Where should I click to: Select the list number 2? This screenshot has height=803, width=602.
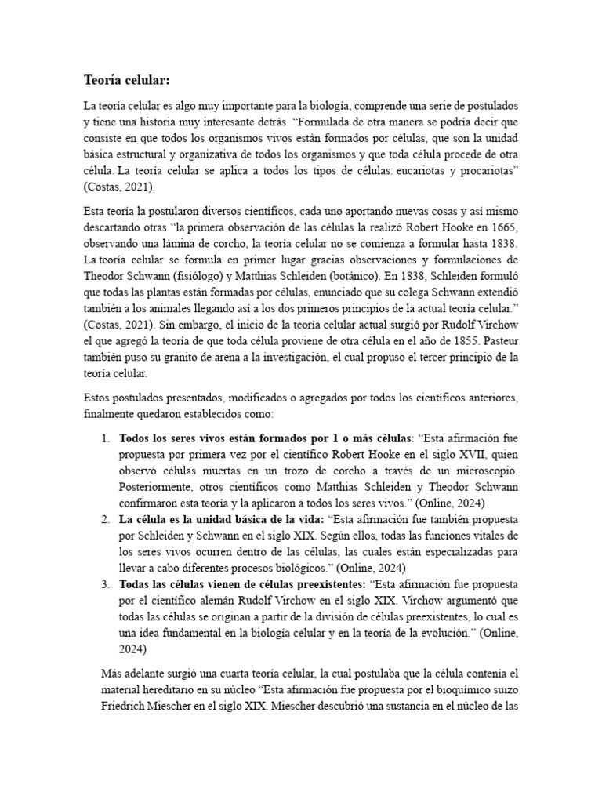[x=104, y=518]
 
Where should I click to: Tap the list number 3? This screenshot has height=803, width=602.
[x=104, y=585]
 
